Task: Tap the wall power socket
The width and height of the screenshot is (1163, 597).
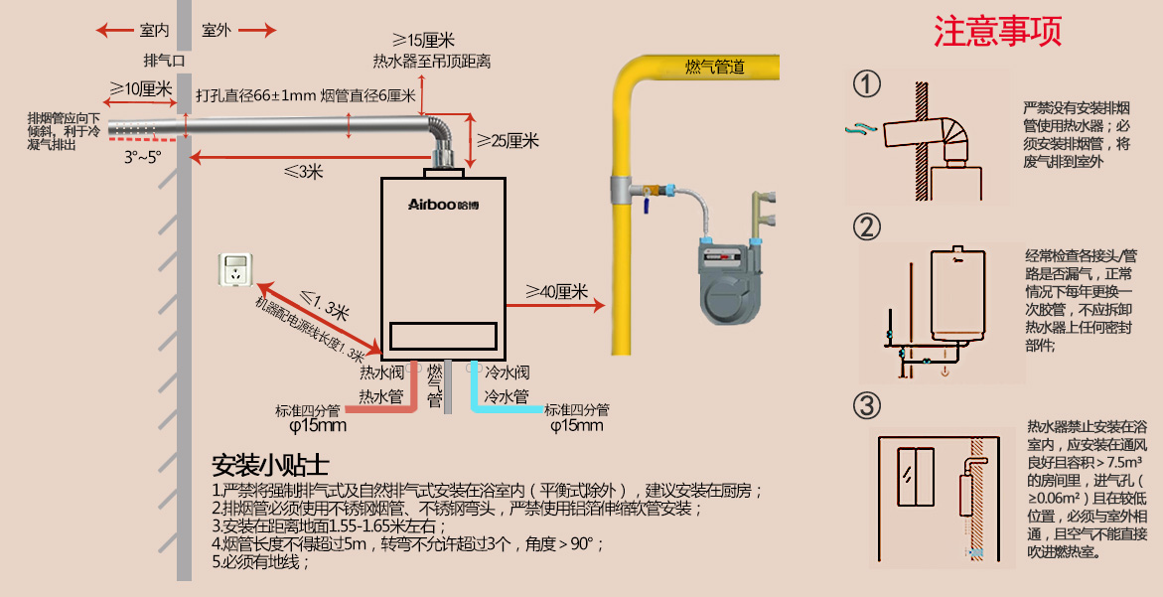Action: [x=235, y=270]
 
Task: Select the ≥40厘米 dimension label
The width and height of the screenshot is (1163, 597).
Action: [x=557, y=292]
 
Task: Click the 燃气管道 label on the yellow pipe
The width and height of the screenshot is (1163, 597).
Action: [x=715, y=68]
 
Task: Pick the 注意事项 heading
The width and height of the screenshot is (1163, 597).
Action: [x=997, y=32]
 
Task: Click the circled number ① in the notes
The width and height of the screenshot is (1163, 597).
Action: [x=868, y=84]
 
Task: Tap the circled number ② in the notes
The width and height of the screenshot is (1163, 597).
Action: [x=868, y=227]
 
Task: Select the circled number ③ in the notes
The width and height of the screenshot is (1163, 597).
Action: [x=868, y=405]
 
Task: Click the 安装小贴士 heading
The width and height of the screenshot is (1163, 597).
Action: [x=270, y=465]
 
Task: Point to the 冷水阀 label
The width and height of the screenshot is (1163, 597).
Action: [x=507, y=373]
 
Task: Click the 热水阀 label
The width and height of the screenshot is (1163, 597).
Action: [x=380, y=373]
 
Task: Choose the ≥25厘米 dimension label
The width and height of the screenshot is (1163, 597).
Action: [x=508, y=141]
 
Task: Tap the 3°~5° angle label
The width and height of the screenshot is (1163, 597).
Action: [x=142, y=157]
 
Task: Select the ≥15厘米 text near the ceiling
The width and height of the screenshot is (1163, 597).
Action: [x=423, y=41]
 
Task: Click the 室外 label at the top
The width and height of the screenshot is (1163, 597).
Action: [x=217, y=30]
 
